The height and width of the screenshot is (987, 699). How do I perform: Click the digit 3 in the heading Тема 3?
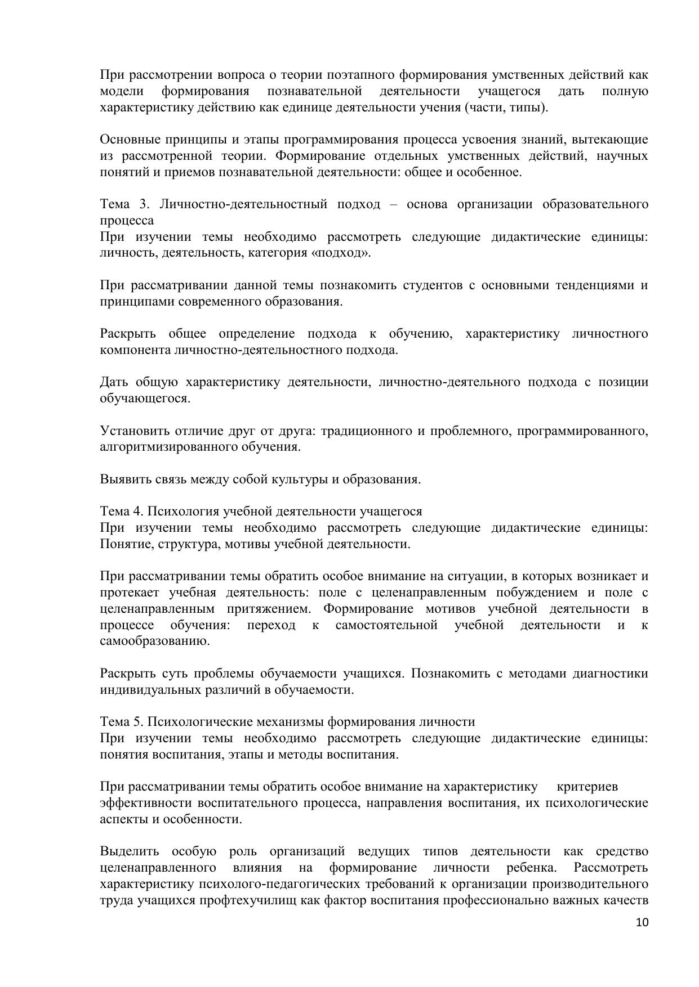click(143, 204)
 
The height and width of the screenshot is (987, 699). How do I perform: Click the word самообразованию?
click(155, 641)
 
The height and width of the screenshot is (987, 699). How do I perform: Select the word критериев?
click(587, 786)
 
